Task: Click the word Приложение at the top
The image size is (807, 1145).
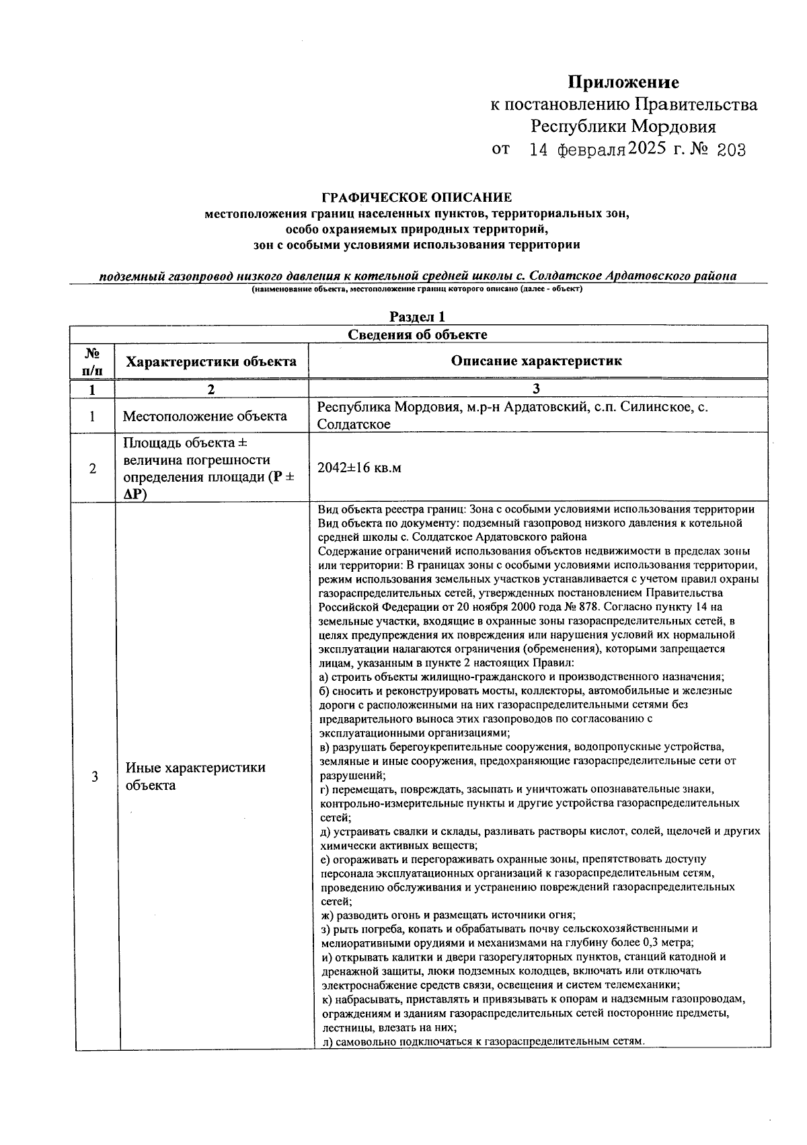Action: click(623, 83)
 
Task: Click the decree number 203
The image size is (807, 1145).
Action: click(731, 150)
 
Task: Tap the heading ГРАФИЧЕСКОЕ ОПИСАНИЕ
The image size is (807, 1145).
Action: click(417, 198)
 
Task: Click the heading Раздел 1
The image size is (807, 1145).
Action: click(417, 317)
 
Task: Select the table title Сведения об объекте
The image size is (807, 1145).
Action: click(417, 334)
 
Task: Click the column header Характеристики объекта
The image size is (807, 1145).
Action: click(211, 361)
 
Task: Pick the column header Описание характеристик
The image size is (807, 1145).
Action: click(536, 361)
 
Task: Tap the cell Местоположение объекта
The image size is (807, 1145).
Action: click(204, 416)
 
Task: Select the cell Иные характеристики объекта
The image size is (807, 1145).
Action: click(195, 776)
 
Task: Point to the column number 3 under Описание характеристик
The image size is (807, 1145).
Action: click(536, 389)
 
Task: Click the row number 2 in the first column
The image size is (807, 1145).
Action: click(93, 468)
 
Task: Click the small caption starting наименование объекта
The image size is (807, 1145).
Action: click(417, 289)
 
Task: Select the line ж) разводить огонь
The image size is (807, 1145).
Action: click(447, 915)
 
